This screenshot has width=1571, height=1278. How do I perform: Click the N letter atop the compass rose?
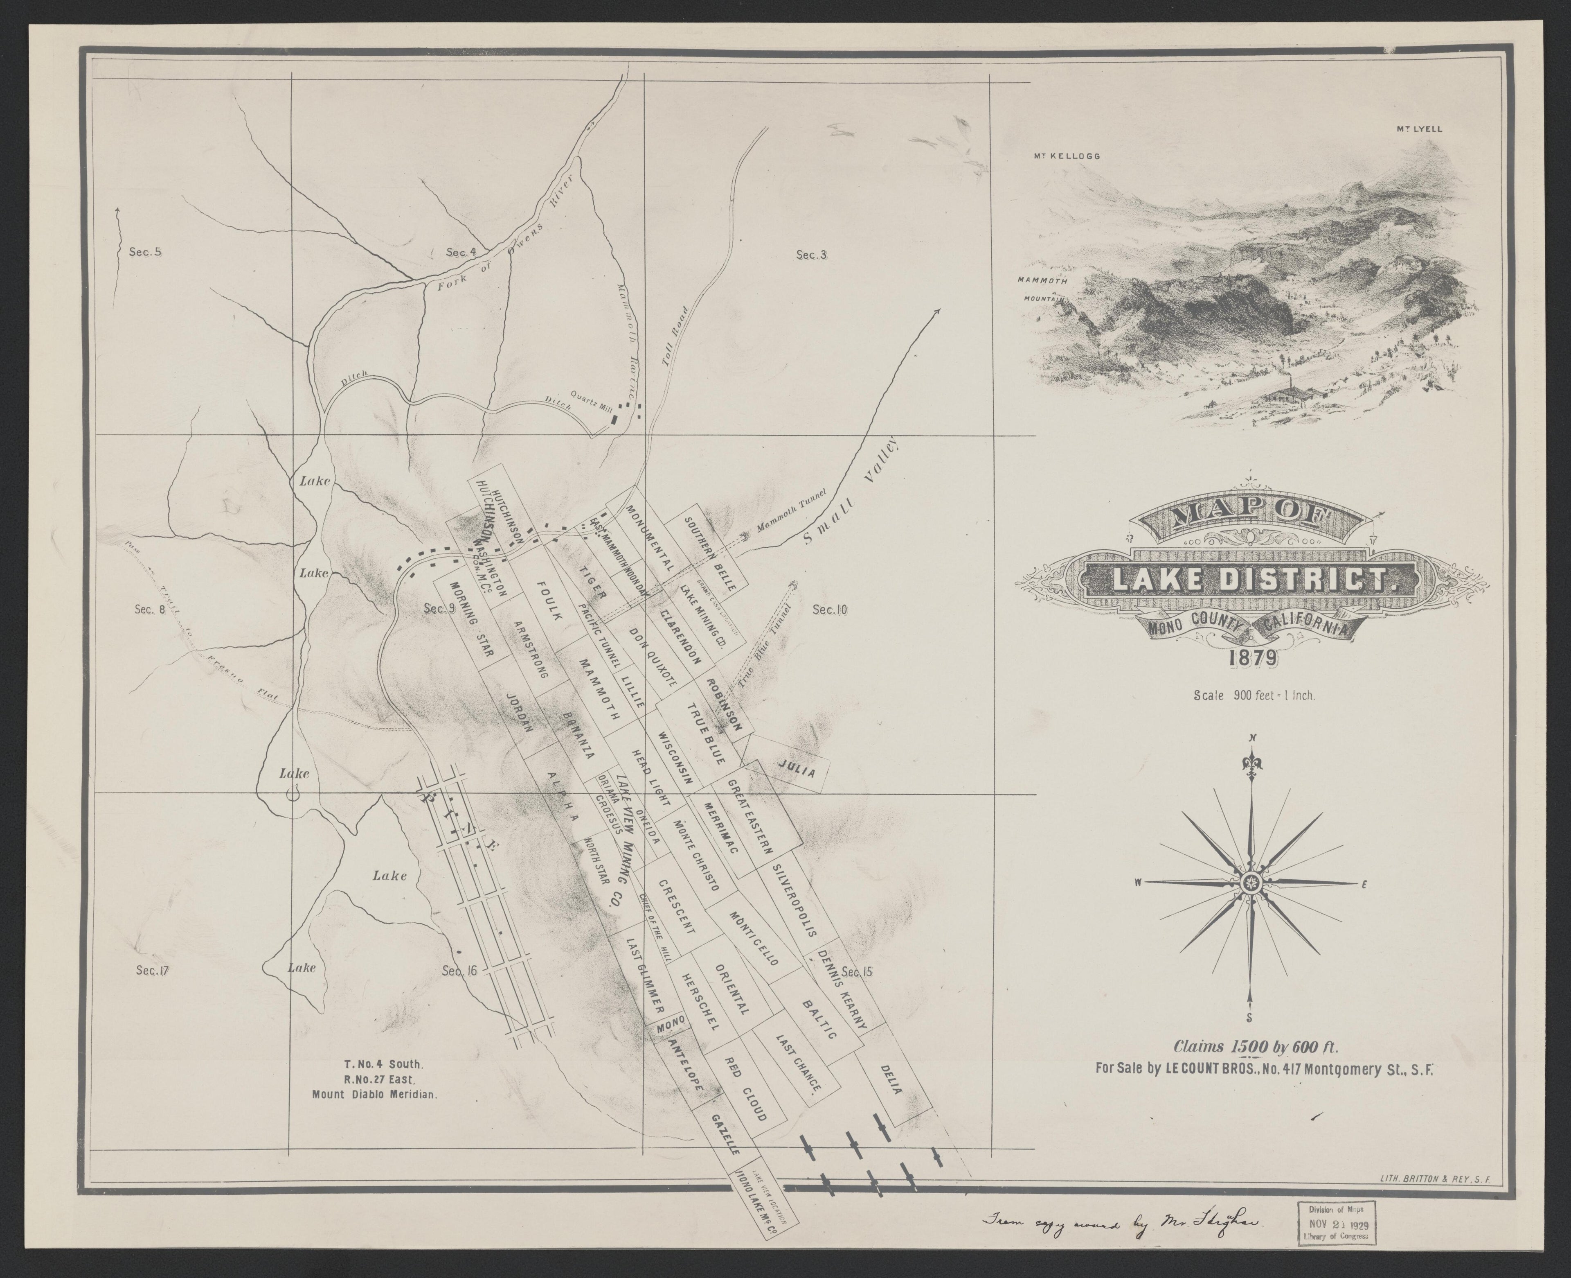1251,739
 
